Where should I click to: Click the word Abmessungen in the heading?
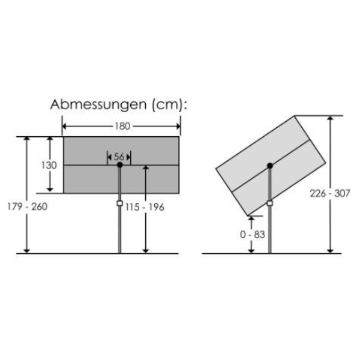pos(94,105)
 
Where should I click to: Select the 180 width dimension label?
pos(122,126)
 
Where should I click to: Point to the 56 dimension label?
pos(119,157)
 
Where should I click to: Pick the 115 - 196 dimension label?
pos(146,207)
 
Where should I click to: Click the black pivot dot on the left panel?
pos(119,165)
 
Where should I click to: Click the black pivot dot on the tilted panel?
pos(270,165)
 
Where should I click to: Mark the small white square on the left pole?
pos(119,204)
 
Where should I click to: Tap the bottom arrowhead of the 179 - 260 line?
pos(26,250)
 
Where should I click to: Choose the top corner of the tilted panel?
pos(295,115)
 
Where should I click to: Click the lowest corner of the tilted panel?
pos(248,215)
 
